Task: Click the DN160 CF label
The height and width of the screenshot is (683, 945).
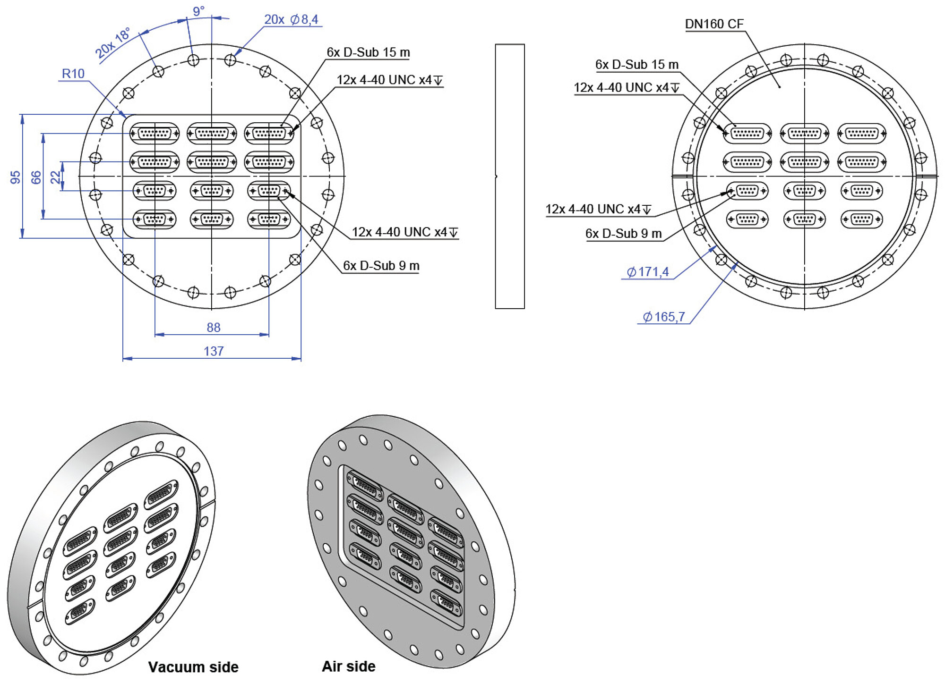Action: pyautogui.click(x=714, y=24)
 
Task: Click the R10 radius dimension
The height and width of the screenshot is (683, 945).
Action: pyautogui.click(x=73, y=74)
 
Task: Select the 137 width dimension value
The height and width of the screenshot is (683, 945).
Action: pyautogui.click(x=214, y=351)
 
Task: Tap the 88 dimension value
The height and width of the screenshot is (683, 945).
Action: pyautogui.click(x=214, y=328)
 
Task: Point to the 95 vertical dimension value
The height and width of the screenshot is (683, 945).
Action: pyautogui.click(x=16, y=177)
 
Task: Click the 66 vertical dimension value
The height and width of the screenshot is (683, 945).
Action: pyautogui.click(x=36, y=177)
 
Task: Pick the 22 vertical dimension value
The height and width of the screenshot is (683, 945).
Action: pyautogui.click(x=56, y=177)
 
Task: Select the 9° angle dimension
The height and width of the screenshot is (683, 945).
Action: pyautogui.click(x=199, y=11)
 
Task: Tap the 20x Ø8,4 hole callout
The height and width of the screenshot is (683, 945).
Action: pyautogui.click(x=291, y=19)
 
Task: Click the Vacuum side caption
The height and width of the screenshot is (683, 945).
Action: pyautogui.click(x=193, y=667)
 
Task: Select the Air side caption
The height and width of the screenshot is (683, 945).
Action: pyautogui.click(x=349, y=666)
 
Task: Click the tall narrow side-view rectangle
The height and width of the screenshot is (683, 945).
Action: pyautogui.click(x=510, y=177)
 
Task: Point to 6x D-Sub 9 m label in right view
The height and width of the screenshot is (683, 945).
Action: pyautogui.click(x=623, y=234)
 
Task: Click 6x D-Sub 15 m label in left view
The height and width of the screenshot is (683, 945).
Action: pyautogui.click(x=368, y=52)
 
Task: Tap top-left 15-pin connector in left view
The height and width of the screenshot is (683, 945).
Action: pyautogui.click(x=155, y=134)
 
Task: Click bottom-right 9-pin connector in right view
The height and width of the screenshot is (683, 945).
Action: pyautogui.click(x=861, y=219)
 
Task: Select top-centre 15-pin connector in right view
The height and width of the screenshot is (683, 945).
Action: pyautogui.click(x=804, y=134)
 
